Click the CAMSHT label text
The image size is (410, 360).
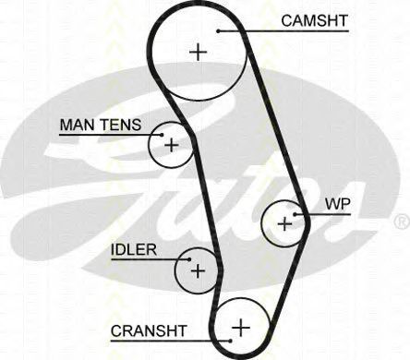[x=314, y=20]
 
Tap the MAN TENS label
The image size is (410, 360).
[x=101, y=125]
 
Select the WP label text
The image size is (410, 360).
[x=338, y=204]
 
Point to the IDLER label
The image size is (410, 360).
[x=134, y=250]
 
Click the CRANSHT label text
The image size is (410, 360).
[x=149, y=331]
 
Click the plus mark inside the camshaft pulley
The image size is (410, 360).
[x=199, y=53]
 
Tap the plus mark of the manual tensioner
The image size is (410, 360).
[x=172, y=145]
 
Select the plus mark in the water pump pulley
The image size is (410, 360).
[x=284, y=223]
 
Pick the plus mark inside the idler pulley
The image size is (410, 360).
[x=198, y=270]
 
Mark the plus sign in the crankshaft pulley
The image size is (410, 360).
[x=241, y=328]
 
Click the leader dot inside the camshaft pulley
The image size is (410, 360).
[x=218, y=31]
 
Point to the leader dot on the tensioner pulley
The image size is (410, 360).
[x=162, y=135]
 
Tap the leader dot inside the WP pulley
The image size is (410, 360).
[x=295, y=214]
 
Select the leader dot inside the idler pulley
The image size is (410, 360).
[x=189, y=259]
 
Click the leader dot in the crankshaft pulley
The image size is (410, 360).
[x=231, y=341]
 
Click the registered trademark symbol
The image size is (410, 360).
[x=402, y=222]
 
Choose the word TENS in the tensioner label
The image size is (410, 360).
[x=121, y=125]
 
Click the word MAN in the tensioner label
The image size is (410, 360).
[x=78, y=125]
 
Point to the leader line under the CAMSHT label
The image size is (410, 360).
[x=283, y=31]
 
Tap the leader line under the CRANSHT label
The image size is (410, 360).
[x=171, y=341]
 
